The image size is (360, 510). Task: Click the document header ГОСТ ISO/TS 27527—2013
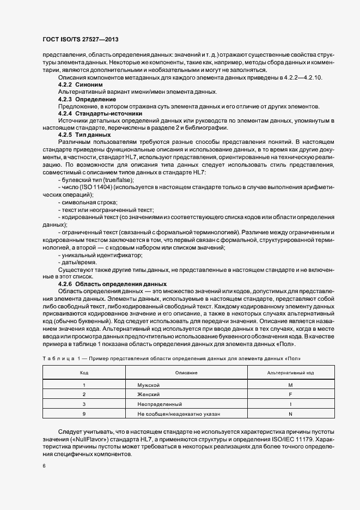pyautogui.click(x=81, y=40)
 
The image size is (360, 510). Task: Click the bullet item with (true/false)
pyautogui.click(x=96, y=180)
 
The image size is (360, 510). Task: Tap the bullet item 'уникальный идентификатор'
pyautogui.click(x=93, y=255)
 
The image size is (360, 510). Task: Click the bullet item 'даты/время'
pyautogui.click(x=77, y=262)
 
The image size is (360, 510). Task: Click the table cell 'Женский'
pyautogui.click(x=148, y=394)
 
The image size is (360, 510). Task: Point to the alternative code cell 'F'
pyautogui.click(x=290, y=394)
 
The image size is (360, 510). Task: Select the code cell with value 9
pyautogui.click(x=84, y=414)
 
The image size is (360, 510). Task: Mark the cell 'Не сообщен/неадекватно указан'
pyautogui.click(x=179, y=414)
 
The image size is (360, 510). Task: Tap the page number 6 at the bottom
pyautogui.click(x=44, y=466)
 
